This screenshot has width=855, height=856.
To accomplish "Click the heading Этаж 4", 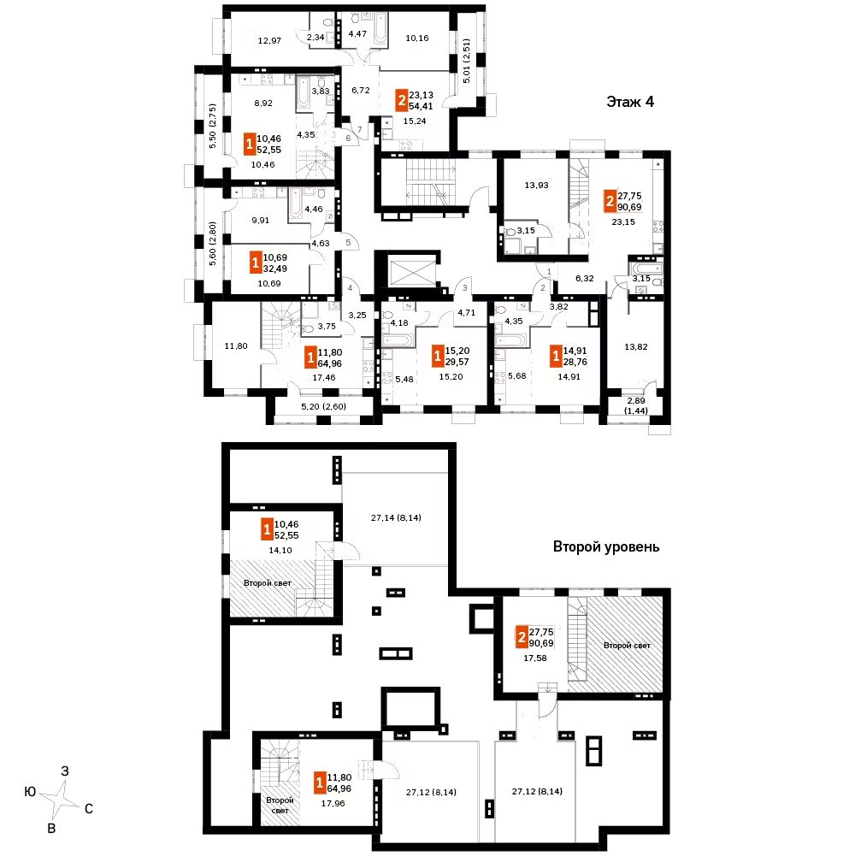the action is point(630,103).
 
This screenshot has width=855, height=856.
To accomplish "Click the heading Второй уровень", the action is point(605,546).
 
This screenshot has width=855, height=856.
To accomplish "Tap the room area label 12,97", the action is point(269,38).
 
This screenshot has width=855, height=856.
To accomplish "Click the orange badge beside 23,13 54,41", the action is point(400,101).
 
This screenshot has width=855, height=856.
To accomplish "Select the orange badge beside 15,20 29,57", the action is point(438,355).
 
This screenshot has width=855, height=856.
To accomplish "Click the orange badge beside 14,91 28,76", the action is point(555,355).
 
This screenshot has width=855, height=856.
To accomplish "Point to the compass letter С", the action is point(89,807).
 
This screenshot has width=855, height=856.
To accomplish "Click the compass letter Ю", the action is point(30,793).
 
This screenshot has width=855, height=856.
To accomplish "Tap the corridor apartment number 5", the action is point(348,243).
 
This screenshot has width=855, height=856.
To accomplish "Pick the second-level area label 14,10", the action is point(280,552).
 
